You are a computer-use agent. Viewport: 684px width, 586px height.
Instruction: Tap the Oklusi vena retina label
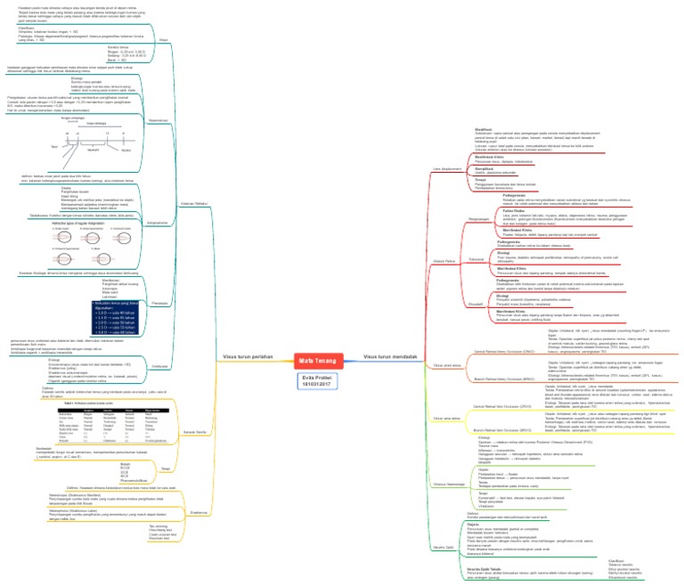(x=446, y=417)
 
